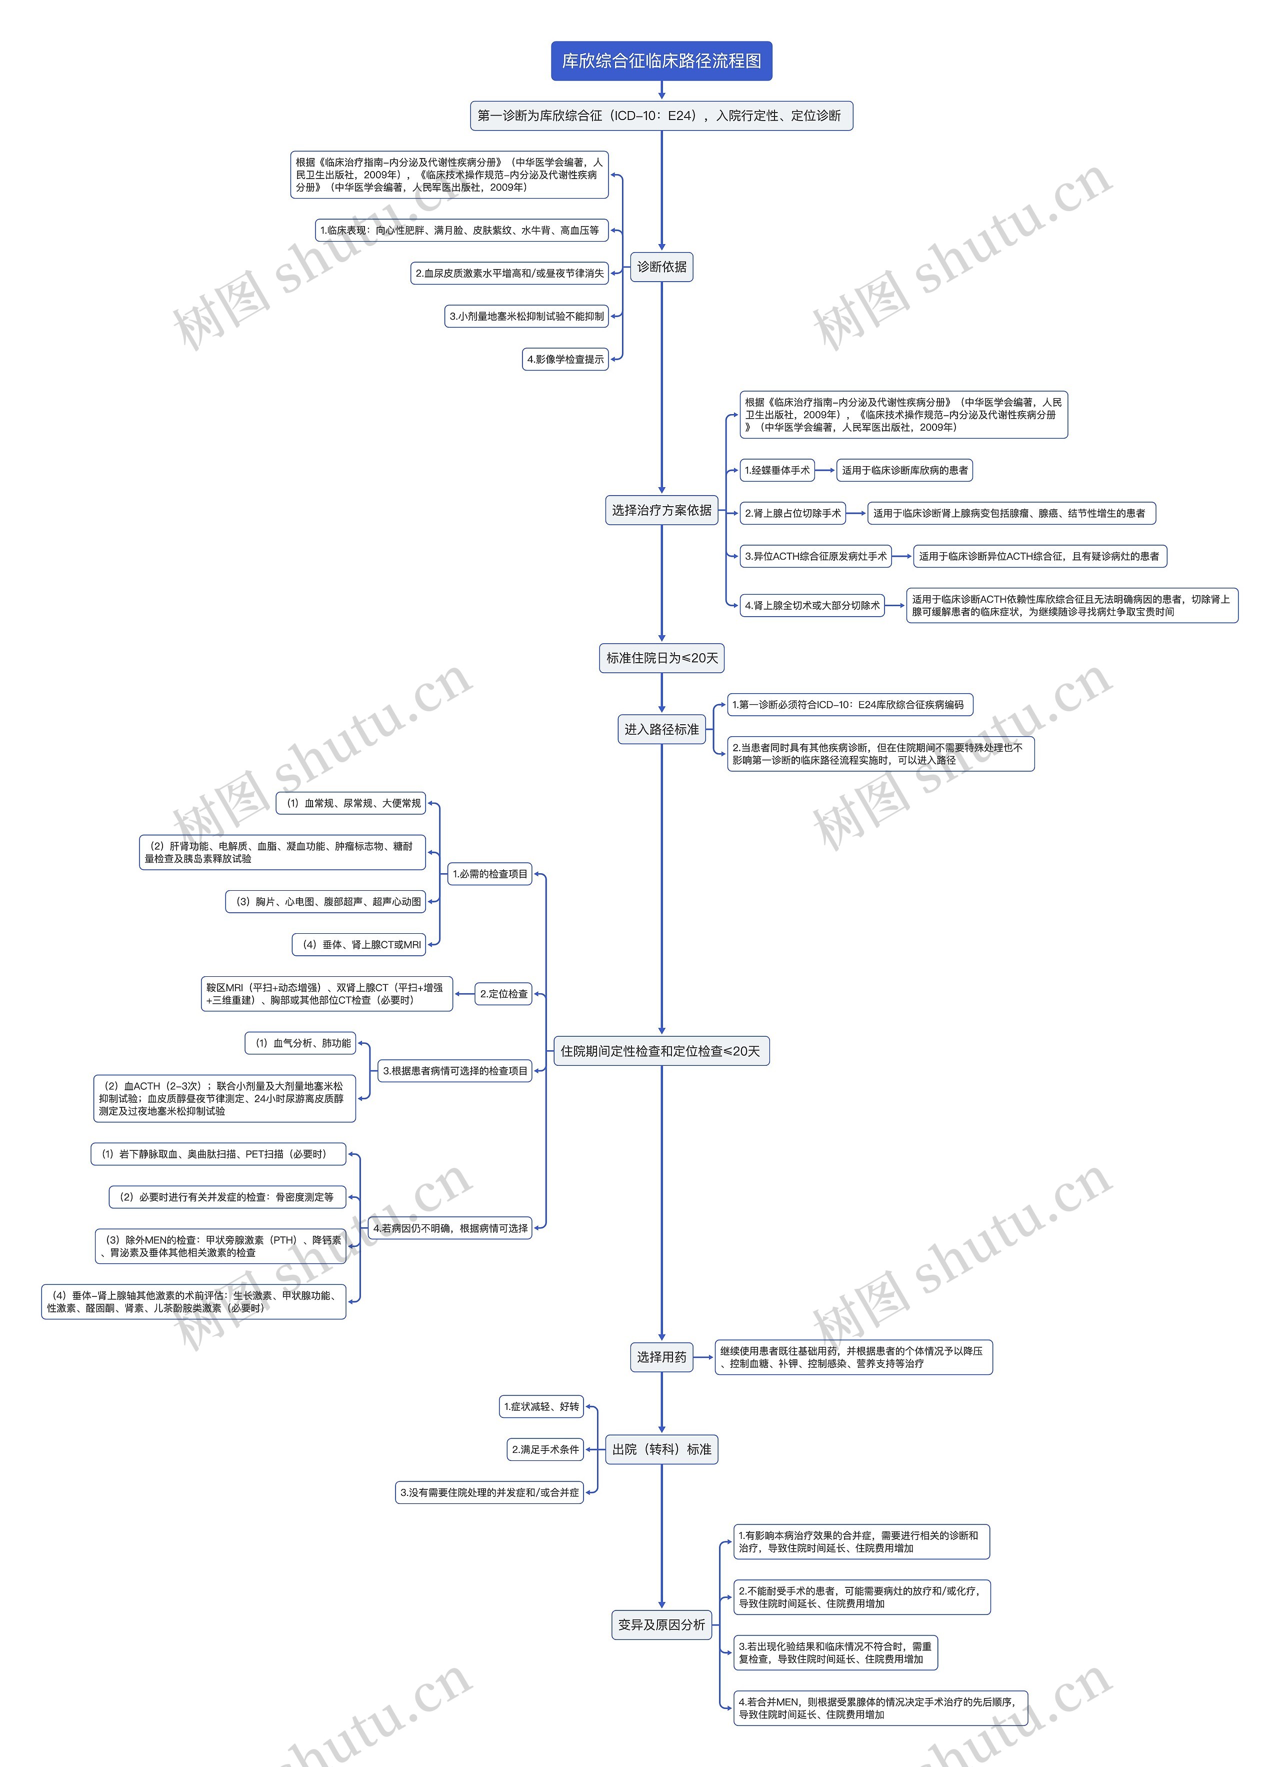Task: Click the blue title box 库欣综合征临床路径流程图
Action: click(661, 61)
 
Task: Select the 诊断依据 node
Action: click(661, 267)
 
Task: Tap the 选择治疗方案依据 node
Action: click(661, 510)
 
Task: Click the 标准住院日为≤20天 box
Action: click(661, 658)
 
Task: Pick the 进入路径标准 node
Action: click(661, 729)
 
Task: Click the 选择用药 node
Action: click(661, 1357)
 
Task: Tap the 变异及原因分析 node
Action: click(661, 1624)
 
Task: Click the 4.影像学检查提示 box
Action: click(565, 359)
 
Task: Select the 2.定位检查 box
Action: click(503, 994)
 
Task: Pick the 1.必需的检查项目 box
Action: click(490, 874)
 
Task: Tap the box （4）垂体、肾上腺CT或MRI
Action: click(360, 944)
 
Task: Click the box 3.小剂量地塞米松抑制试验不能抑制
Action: click(526, 316)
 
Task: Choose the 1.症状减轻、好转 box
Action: click(541, 1406)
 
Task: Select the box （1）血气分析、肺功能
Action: click(300, 1043)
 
